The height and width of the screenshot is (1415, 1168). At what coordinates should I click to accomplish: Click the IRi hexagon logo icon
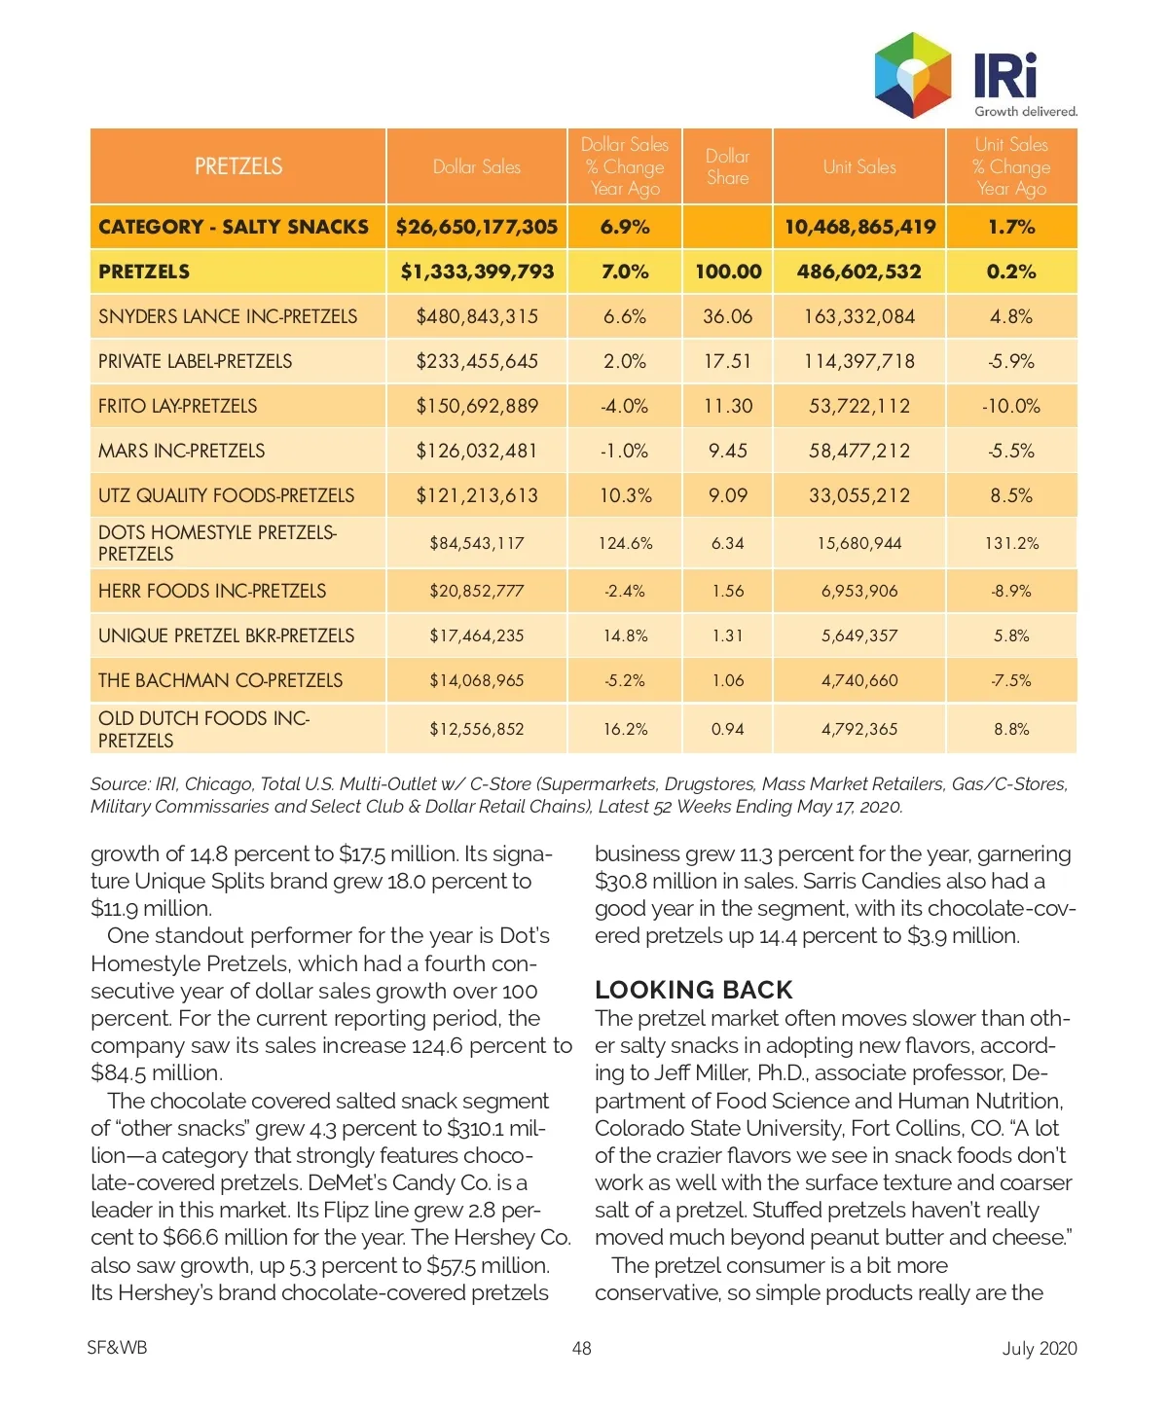tap(912, 75)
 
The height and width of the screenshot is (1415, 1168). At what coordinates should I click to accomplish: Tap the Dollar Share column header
tap(727, 167)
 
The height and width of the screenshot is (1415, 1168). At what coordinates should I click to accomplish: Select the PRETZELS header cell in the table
tap(238, 166)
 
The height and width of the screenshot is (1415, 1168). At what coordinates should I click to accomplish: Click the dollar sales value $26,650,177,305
tap(477, 227)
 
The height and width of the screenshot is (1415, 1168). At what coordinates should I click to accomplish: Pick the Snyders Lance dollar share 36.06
tap(727, 316)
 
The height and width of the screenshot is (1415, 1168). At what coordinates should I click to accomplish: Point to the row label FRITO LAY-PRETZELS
tap(178, 406)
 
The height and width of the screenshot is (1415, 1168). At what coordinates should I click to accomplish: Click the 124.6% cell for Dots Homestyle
tap(625, 543)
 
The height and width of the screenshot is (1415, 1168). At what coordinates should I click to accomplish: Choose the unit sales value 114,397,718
tap(858, 361)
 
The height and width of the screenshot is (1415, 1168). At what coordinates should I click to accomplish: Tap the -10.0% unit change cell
tap(1011, 406)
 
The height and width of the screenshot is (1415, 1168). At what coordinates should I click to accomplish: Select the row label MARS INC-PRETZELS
tap(182, 451)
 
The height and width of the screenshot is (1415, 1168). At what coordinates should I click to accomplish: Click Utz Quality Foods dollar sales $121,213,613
tap(477, 495)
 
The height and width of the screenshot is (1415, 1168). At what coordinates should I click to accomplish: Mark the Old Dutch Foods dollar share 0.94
tap(727, 729)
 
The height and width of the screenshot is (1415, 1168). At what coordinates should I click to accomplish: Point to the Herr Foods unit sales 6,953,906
tap(858, 591)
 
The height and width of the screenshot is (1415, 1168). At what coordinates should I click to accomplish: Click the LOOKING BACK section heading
tap(694, 990)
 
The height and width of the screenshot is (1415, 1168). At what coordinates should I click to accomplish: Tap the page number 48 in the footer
tap(582, 1348)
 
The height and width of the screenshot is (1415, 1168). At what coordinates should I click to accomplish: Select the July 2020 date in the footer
tap(1040, 1348)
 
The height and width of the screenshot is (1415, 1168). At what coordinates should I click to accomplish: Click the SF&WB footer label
tap(117, 1348)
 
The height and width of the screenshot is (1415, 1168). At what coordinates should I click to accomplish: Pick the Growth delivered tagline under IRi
tap(1026, 112)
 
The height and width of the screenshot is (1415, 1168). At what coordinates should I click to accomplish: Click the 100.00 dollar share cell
tap(727, 272)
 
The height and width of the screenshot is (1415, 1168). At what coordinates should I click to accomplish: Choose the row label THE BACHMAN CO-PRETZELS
tap(221, 680)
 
